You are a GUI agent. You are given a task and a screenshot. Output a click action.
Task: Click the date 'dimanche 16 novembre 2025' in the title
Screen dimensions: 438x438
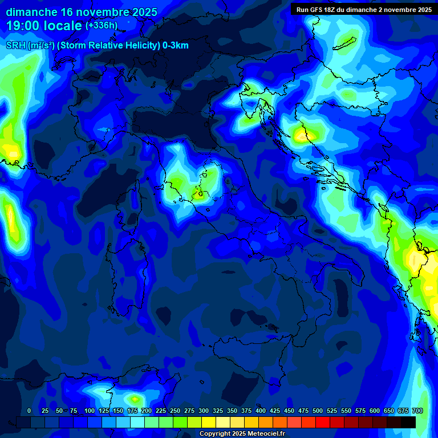[x=82, y=12]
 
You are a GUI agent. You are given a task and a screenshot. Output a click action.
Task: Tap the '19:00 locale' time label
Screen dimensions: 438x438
[x=44, y=25]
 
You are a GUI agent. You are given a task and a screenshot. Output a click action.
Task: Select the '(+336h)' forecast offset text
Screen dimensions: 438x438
[x=102, y=26]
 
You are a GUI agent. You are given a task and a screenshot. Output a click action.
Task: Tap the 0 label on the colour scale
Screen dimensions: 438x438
[x=29, y=411]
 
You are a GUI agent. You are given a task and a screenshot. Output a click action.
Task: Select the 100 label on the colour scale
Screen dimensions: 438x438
[x=89, y=411]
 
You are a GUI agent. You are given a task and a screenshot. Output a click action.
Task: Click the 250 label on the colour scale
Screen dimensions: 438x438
[x=175, y=411]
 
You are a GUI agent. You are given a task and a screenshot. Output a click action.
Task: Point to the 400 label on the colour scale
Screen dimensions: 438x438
[x=261, y=411]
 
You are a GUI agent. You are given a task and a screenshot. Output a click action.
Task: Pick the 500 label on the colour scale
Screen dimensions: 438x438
[x=318, y=411]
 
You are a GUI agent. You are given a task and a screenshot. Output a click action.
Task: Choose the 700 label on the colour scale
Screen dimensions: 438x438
[x=417, y=411]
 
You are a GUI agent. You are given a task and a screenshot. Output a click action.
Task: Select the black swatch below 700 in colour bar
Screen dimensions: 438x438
[x=408, y=422]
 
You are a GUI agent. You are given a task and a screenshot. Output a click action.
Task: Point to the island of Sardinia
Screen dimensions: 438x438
[x=128, y=268]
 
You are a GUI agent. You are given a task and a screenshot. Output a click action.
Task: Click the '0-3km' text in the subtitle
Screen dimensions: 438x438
[x=175, y=46]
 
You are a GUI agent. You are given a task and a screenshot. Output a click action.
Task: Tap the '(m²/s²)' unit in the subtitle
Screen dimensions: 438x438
[x=39, y=46]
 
